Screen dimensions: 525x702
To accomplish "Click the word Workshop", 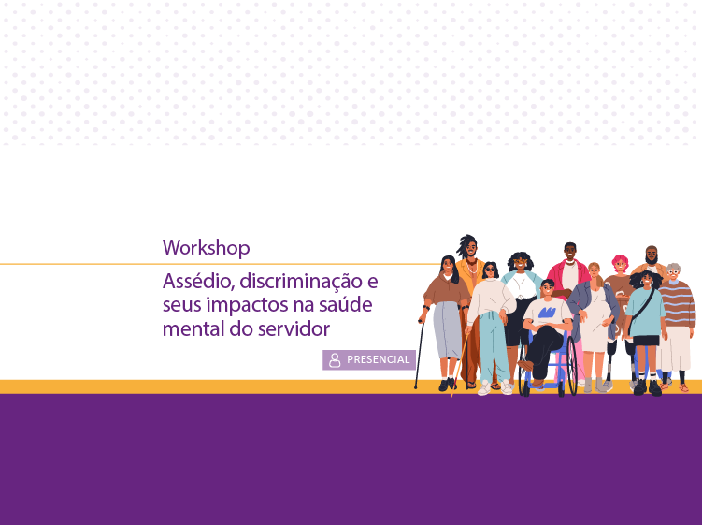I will coord(206,248).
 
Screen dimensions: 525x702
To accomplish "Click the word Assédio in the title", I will coord(194,281).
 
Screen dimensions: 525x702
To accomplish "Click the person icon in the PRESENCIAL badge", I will coord(335,360).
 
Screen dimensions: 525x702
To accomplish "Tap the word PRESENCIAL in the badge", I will coord(378,360).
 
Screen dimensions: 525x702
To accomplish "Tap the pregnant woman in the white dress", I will coord(595,318).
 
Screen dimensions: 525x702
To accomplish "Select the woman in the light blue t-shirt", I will coord(645,318).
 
